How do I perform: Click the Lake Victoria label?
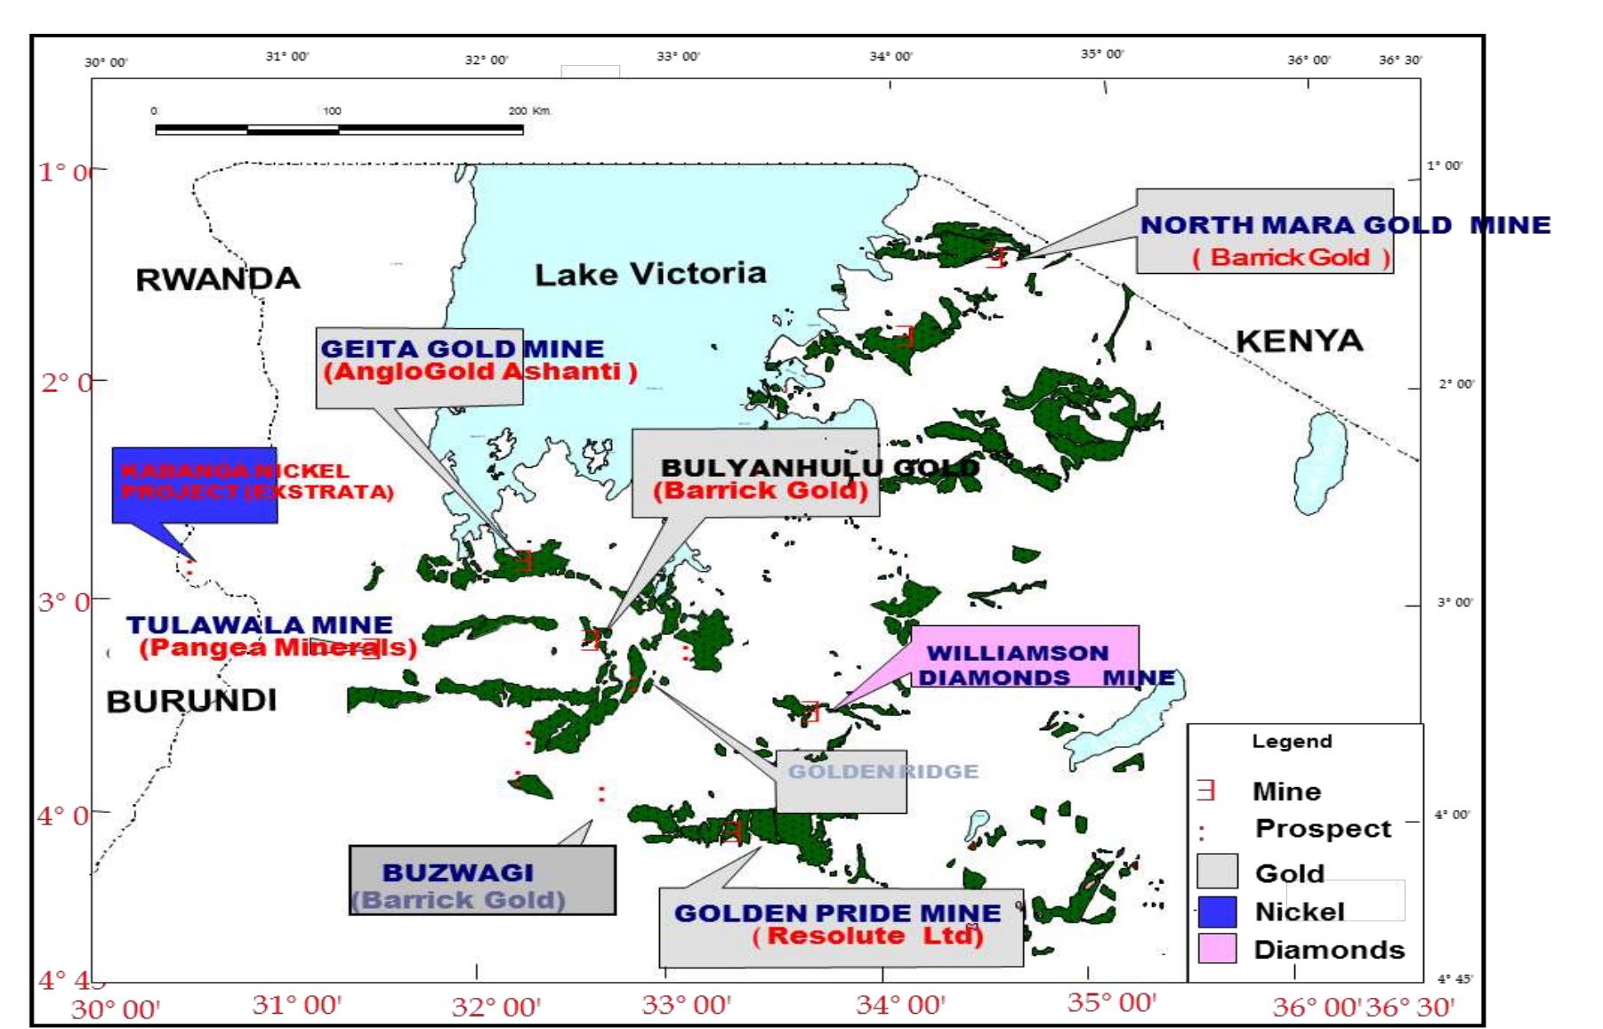(650, 274)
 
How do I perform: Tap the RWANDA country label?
(218, 279)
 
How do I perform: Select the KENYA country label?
(1299, 341)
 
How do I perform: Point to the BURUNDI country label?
(191, 701)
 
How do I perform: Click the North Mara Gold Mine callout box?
(1264, 231)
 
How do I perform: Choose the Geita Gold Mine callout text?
(463, 360)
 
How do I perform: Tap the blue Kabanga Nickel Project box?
(195, 485)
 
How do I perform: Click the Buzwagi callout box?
(481, 880)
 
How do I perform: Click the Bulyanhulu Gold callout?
(755, 473)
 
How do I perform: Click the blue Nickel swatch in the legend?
(1216, 912)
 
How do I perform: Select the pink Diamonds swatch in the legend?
(1216, 948)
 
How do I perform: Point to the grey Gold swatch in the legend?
(1216, 872)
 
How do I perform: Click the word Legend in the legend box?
(1292, 742)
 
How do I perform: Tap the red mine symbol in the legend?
(1205, 790)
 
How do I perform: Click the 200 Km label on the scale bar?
(529, 111)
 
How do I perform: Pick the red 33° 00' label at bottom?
(686, 1005)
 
